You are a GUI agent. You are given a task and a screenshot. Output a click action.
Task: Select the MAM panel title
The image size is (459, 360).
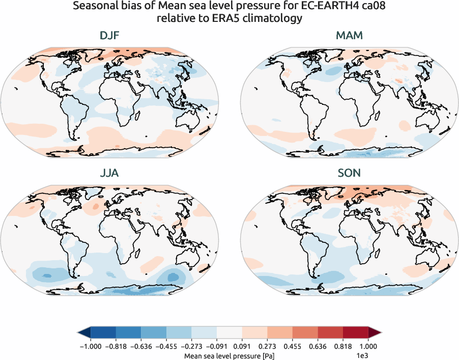pyautogui.click(x=349, y=36)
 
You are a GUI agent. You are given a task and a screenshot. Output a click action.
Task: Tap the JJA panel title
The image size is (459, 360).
pyautogui.click(x=109, y=173)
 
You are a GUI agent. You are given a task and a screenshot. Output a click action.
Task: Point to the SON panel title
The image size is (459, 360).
pyautogui.click(x=349, y=173)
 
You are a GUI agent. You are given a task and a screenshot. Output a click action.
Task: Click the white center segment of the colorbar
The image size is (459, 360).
pyautogui.click(x=229, y=332)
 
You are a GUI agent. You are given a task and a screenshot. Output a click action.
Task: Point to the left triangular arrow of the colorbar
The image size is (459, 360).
pyautogui.click(x=83, y=332)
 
